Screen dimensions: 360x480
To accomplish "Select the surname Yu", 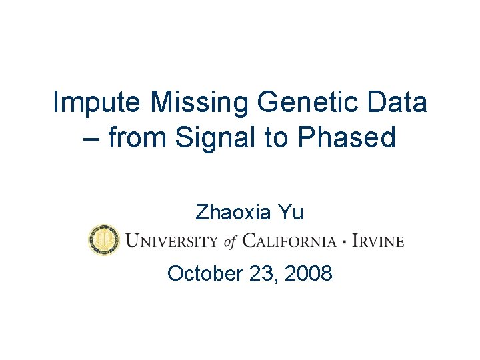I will [x=291, y=213].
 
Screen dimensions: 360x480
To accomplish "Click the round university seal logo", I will [x=104, y=240].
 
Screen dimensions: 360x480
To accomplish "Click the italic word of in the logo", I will [x=231, y=241].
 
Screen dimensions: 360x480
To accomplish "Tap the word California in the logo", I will [x=289, y=241].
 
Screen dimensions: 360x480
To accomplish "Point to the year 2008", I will [x=308, y=273].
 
